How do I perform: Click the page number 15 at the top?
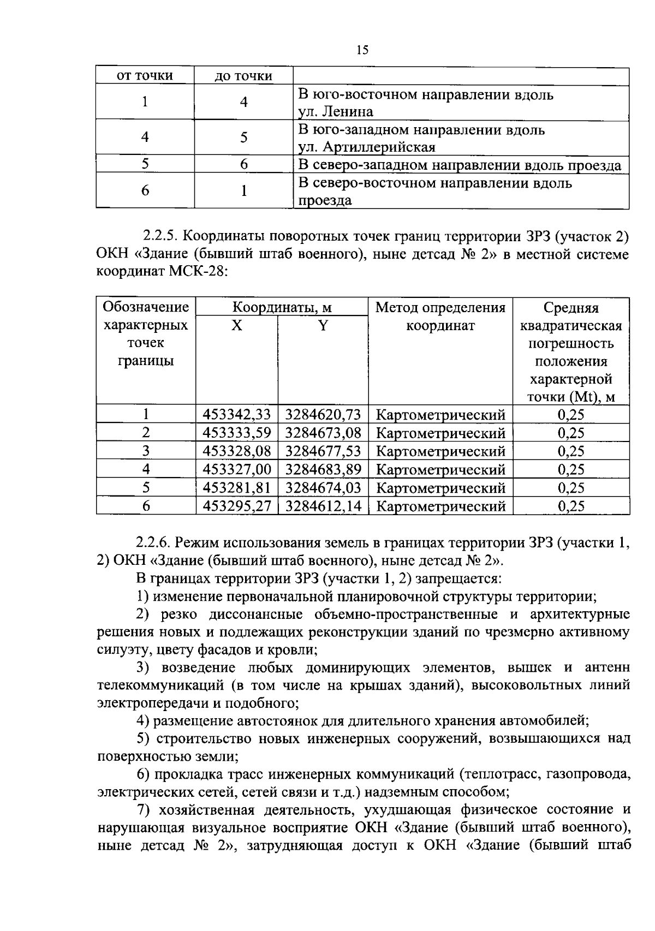362,50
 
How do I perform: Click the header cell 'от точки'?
145,76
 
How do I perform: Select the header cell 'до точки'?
243,76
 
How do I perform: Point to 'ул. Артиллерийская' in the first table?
366,147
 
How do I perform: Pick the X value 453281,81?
237,487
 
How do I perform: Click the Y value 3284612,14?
323,506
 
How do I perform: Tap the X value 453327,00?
237,469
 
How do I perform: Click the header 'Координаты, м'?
282,307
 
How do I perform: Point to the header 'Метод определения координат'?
440,317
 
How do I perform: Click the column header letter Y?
323,326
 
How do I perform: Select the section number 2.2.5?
160,237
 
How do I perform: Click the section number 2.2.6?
154,543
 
